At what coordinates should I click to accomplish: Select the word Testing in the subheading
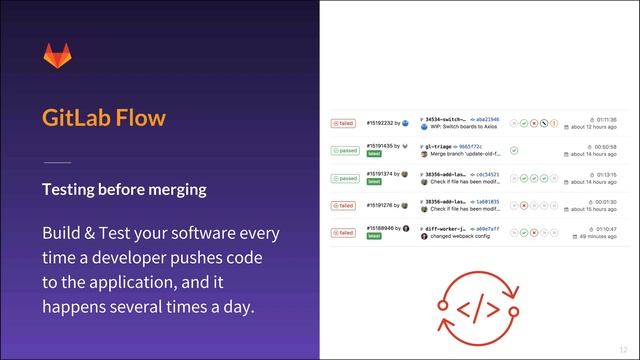click(x=70, y=189)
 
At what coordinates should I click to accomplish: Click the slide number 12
click(x=624, y=349)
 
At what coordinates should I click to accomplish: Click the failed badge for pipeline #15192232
click(x=344, y=123)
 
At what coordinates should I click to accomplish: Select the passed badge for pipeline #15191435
click(x=345, y=150)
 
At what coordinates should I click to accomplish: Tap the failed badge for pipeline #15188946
click(x=344, y=232)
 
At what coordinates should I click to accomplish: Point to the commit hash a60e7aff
click(x=487, y=228)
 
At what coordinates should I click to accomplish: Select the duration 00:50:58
click(x=606, y=146)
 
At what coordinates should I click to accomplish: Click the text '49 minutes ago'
click(x=596, y=236)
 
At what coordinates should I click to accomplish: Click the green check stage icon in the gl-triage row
click(x=513, y=150)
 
